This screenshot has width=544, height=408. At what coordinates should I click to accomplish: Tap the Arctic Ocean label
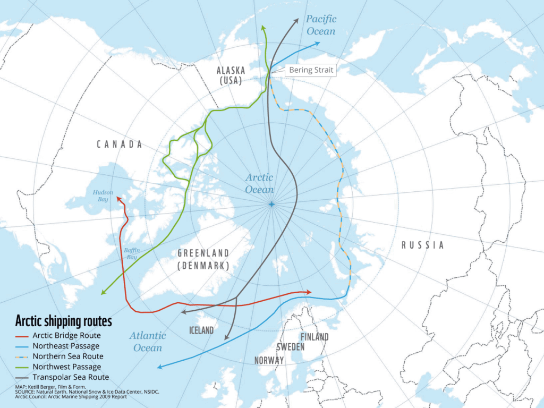pyautogui.click(x=259, y=183)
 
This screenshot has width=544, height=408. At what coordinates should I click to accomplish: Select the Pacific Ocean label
pyautogui.click(x=321, y=25)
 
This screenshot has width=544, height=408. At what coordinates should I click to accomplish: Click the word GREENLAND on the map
pyautogui.click(x=203, y=253)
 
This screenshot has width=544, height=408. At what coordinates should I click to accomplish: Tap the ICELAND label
pyautogui.click(x=201, y=330)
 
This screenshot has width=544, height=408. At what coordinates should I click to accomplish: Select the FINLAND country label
pyautogui.click(x=314, y=337)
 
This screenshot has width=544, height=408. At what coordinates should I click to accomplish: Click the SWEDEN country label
pyautogui.click(x=290, y=347)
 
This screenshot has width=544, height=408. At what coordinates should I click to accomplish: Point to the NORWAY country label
pyautogui.click(x=269, y=360)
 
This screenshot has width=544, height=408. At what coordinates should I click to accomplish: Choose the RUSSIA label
pyautogui.click(x=422, y=245)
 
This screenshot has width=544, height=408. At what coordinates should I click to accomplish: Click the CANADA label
pyautogui.click(x=120, y=144)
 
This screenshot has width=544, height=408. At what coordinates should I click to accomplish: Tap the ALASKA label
pyautogui.click(x=231, y=71)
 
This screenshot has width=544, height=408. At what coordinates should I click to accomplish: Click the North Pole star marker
pyautogui.click(x=272, y=205)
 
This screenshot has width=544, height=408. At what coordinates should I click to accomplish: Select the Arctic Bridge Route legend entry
pyautogui.click(x=58, y=335)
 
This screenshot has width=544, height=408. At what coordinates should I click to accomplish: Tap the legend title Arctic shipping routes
pyautogui.click(x=64, y=321)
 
